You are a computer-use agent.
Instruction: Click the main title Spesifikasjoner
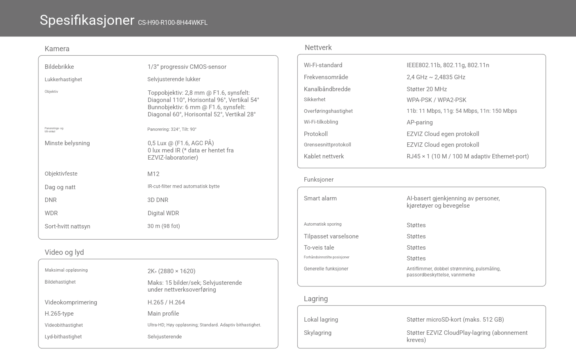[87, 20]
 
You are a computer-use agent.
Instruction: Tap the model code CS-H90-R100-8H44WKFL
[173, 23]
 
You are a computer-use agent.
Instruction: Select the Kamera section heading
[57, 49]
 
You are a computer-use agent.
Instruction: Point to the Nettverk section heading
[318, 48]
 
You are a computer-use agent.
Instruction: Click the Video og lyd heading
[64, 252]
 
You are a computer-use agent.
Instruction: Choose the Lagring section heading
[316, 299]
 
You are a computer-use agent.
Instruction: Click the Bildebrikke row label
[59, 67]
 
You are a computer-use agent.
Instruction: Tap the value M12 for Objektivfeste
[153, 174]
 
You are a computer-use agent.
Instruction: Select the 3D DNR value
[158, 200]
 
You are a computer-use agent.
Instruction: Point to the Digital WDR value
[163, 213]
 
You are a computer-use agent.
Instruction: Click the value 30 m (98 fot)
[164, 226]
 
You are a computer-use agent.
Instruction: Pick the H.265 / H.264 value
[166, 302]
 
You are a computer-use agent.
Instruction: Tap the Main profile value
[163, 314]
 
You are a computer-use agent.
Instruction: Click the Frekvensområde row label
[326, 77]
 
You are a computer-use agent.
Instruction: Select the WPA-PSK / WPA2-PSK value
[436, 100]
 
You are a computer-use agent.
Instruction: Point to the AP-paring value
[420, 122]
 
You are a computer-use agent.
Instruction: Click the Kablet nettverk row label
[324, 156]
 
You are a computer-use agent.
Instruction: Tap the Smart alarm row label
[320, 198]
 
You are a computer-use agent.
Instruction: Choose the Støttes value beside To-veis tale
[416, 248]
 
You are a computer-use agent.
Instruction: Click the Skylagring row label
[318, 333]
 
